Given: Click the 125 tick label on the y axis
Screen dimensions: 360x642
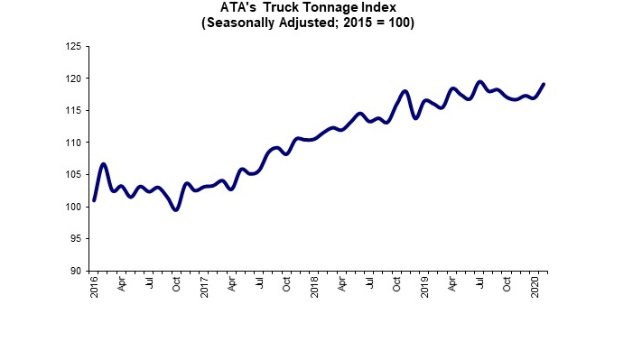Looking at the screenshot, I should pyautogui.click(x=74, y=46).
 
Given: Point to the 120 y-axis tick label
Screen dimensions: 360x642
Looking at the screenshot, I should pyautogui.click(x=74, y=78).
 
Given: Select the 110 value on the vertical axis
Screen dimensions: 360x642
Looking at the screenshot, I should pyautogui.click(x=74, y=143).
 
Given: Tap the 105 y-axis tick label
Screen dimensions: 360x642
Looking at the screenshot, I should pyautogui.click(x=74, y=175).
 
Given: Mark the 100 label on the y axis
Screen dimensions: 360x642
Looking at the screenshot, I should pyautogui.click(x=74, y=207).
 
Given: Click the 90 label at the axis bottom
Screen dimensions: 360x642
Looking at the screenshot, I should pyautogui.click(x=77, y=271).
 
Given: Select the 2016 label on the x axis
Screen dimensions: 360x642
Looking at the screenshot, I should pyautogui.click(x=95, y=288).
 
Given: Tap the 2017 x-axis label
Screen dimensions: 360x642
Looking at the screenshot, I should pyautogui.click(x=205, y=288).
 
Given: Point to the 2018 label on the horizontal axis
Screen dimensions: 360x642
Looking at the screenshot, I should pyautogui.click(x=315, y=288).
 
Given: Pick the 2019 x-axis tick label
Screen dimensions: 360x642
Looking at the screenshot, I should pyautogui.click(x=425, y=288).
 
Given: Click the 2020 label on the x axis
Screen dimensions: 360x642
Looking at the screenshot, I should pyautogui.click(x=535, y=288).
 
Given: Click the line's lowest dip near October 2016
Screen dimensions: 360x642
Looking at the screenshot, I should pyautogui.click(x=176, y=209).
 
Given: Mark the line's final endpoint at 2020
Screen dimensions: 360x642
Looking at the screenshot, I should pyautogui.click(x=544, y=84).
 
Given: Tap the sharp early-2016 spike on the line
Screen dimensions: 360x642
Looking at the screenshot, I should pyautogui.click(x=104, y=164).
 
